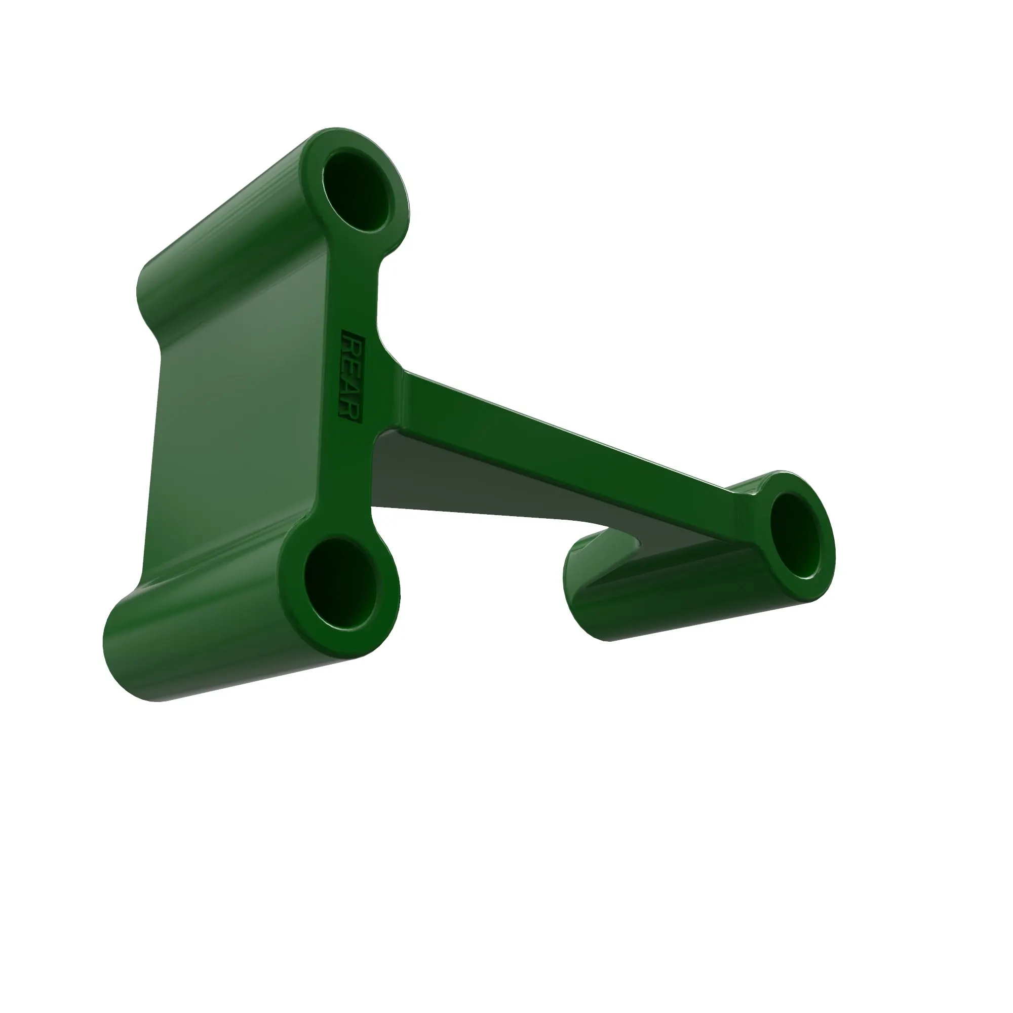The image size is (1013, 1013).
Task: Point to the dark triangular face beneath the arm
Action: (472, 477)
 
